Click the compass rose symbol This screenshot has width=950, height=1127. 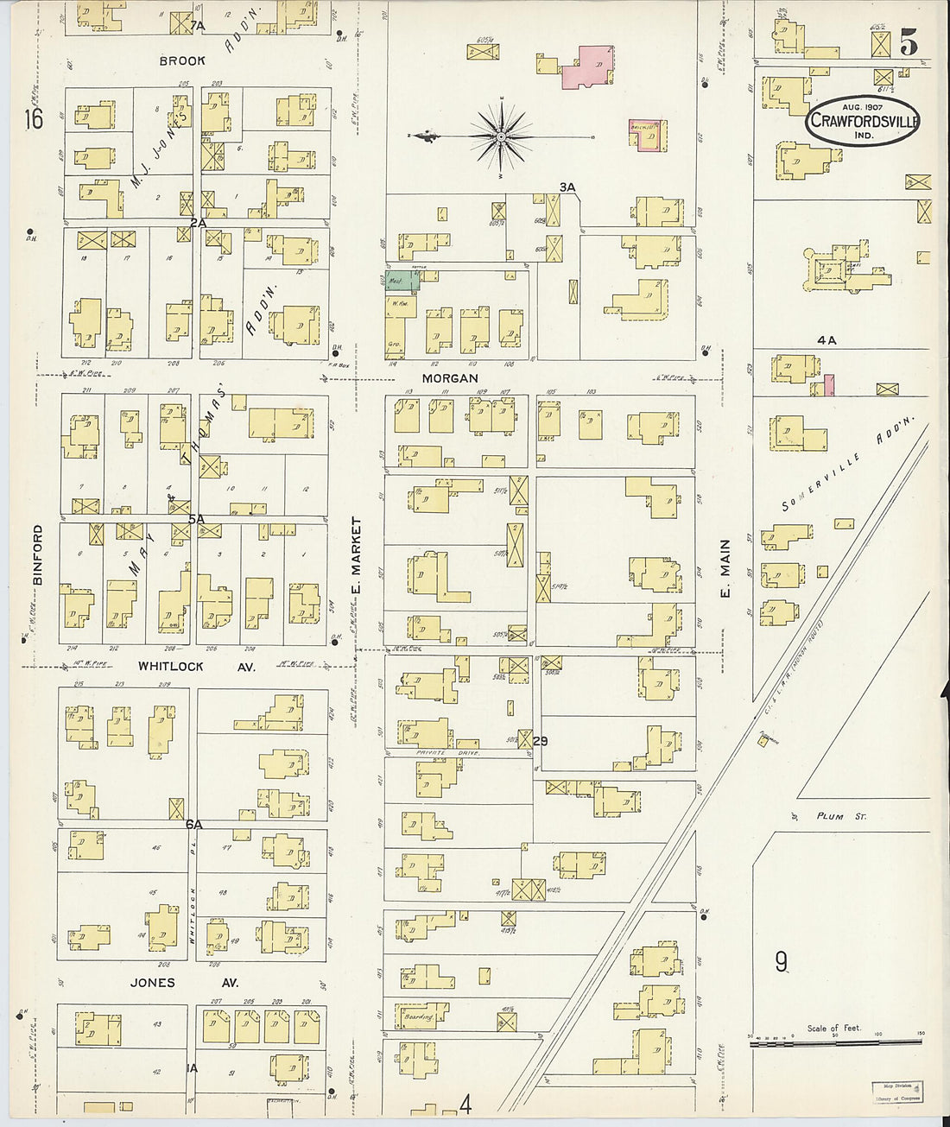501,136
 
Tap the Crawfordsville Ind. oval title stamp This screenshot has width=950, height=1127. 862,122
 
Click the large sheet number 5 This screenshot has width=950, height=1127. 908,43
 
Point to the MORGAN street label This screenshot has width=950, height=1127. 450,378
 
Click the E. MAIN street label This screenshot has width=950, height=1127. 725,568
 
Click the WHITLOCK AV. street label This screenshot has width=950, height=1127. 197,667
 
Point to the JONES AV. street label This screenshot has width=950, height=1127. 183,983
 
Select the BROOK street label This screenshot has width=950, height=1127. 182,60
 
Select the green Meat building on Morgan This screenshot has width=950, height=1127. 399,281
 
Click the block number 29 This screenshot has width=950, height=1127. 541,741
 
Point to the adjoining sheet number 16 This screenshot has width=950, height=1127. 33,119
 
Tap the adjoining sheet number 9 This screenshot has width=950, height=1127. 781,961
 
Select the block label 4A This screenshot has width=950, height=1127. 826,340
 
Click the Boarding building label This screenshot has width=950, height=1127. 420,1017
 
